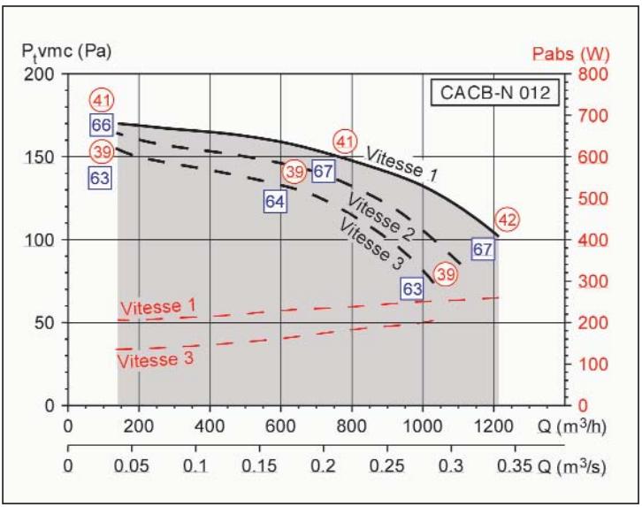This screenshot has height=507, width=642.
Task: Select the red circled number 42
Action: click(x=508, y=219)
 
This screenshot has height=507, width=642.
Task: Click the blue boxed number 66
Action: click(x=101, y=125)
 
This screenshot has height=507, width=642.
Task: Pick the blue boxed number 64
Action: click(x=276, y=201)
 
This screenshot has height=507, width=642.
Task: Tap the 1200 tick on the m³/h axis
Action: click(x=493, y=423)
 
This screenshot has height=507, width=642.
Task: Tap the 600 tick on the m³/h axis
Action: click(x=280, y=423)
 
